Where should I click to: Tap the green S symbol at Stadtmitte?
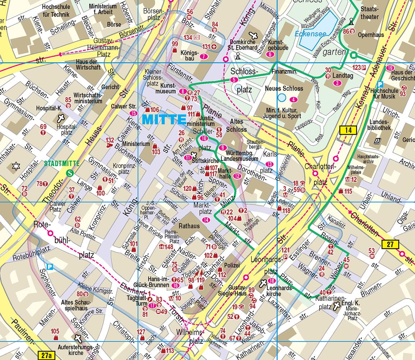click(x=71, y=173)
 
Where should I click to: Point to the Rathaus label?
click(x=189, y=226)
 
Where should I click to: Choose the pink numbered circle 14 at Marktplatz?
click(x=206, y=220)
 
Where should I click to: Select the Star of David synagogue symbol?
click(x=15, y=166)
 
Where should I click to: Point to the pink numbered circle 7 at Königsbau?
click(x=204, y=56)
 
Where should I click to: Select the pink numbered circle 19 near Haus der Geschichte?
click(x=390, y=68)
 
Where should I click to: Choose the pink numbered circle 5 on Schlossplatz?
click(x=234, y=80)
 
